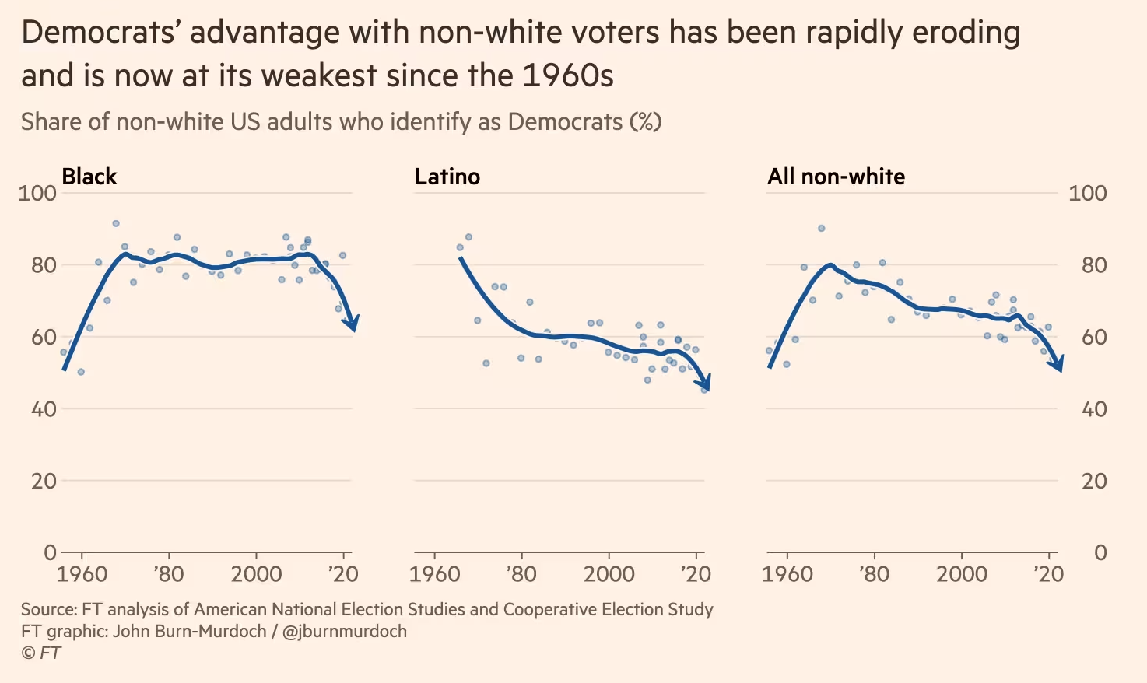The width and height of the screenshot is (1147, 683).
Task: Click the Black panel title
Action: [x=89, y=177]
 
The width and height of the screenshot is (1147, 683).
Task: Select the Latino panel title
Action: [x=447, y=177]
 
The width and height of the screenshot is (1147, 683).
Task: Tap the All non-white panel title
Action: [x=836, y=177]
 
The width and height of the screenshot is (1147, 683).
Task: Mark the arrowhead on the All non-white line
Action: [x=1056, y=363]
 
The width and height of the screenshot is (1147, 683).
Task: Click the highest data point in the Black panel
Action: [x=116, y=223]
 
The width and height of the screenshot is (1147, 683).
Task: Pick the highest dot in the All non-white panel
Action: [x=821, y=228]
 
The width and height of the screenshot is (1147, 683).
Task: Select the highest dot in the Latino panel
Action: [x=468, y=237]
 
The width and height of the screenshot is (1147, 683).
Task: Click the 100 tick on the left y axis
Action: [x=37, y=193]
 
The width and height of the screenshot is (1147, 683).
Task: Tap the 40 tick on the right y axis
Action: [x=1094, y=409]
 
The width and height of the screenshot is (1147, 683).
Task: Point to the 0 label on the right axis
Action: [x=1100, y=552]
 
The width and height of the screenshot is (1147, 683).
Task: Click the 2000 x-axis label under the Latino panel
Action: [x=609, y=575]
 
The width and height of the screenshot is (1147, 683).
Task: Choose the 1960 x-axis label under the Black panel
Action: [x=82, y=575]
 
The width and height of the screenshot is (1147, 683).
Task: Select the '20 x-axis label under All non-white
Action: [x=1048, y=575]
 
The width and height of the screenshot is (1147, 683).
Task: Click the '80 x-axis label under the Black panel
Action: [x=168, y=575]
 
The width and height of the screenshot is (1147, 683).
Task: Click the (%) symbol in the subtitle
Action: [x=645, y=122]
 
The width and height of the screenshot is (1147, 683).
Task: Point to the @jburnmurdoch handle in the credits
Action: [x=345, y=631]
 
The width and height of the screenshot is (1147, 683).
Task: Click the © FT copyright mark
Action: [x=40, y=653]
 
